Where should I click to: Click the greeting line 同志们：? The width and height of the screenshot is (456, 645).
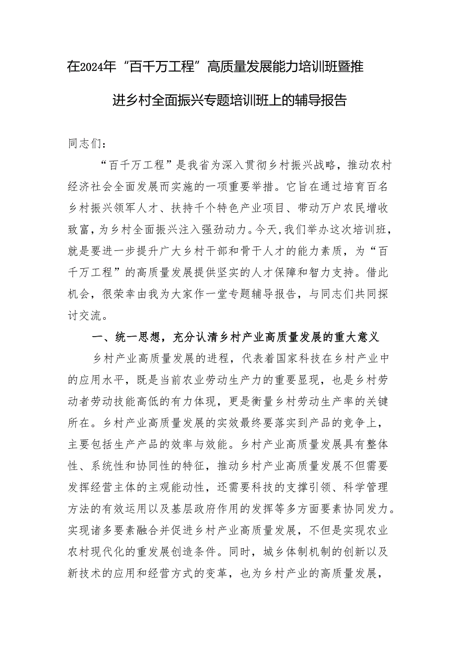[85, 145]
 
